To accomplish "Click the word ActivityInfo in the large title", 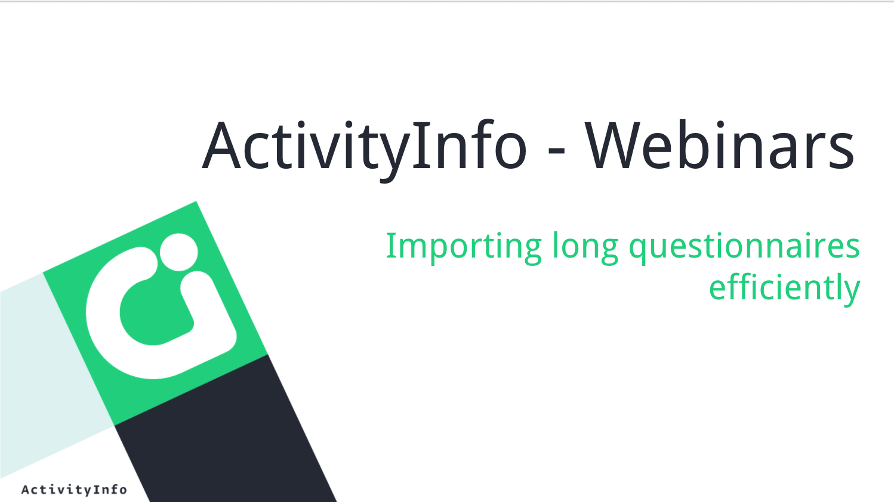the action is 365,150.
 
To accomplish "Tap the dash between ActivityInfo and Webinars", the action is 556,150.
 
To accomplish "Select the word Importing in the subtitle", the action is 464,248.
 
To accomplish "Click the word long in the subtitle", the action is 585,247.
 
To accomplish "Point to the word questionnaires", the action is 744,247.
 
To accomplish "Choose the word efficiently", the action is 785,289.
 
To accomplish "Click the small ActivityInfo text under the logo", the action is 74,489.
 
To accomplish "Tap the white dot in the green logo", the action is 179,252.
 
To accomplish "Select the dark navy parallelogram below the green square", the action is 226,429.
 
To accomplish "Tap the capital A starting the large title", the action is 221,145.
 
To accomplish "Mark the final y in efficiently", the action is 850,293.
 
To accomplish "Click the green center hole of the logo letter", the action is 156,313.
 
